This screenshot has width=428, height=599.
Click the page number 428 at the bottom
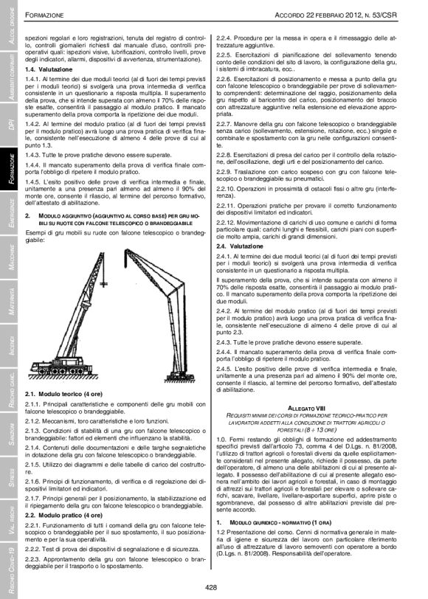pyautogui.click(x=213, y=586)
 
